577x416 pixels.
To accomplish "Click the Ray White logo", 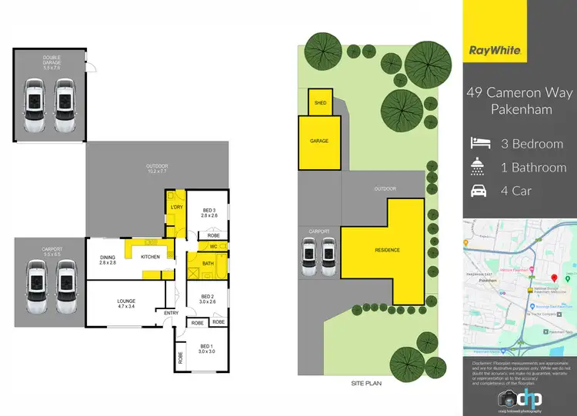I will point(496,52).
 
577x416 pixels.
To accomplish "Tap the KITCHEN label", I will point(150,256).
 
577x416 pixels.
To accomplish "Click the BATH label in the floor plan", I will point(208,264).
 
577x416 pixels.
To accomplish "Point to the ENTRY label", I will point(172,311).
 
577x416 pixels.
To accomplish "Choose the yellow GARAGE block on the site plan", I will point(319,141).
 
